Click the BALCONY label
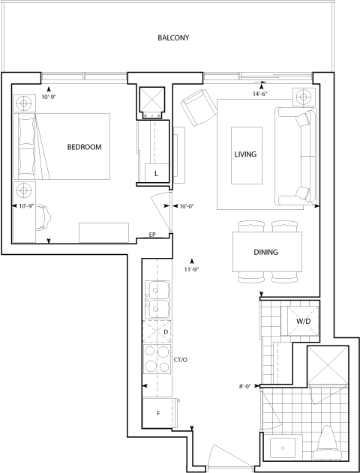(x=173, y=37)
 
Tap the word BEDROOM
(x=84, y=147)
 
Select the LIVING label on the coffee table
(x=246, y=154)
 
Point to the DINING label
(x=265, y=252)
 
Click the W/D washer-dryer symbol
(x=300, y=321)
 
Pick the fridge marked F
(x=159, y=413)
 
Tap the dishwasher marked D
(x=157, y=332)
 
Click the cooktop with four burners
(x=157, y=359)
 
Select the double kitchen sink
(x=157, y=300)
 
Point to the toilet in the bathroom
(x=328, y=442)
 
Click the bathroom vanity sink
(x=283, y=448)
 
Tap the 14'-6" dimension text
(x=260, y=94)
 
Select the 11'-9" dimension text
(x=191, y=270)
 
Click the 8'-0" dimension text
(x=245, y=386)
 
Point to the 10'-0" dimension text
(x=186, y=206)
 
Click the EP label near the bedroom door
(x=152, y=235)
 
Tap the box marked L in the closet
(x=156, y=173)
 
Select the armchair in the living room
(x=199, y=108)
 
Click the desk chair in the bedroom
(x=43, y=217)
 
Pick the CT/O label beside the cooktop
(x=181, y=360)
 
